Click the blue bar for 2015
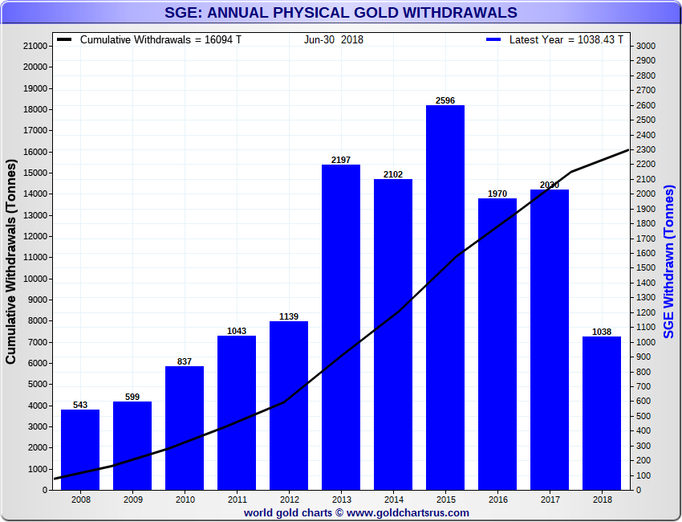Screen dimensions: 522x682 point(445,297)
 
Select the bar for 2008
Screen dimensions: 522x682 point(80,450)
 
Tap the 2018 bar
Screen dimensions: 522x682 point(601,413)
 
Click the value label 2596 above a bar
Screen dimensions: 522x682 point(445,100)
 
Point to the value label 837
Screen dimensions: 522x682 point(185,361)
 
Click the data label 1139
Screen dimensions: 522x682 point(289,316)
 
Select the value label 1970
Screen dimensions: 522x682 point(497,194)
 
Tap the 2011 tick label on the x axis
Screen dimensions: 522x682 point(237,500)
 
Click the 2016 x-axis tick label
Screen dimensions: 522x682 point(497,500)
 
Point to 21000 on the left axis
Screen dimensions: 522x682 point(35,47)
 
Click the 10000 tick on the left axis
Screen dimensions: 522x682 point(35,279)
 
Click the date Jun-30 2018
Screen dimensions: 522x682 point(334,39)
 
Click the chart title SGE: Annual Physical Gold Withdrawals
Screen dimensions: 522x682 point(341,13)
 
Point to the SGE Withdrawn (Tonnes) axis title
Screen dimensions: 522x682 point(668,261)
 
